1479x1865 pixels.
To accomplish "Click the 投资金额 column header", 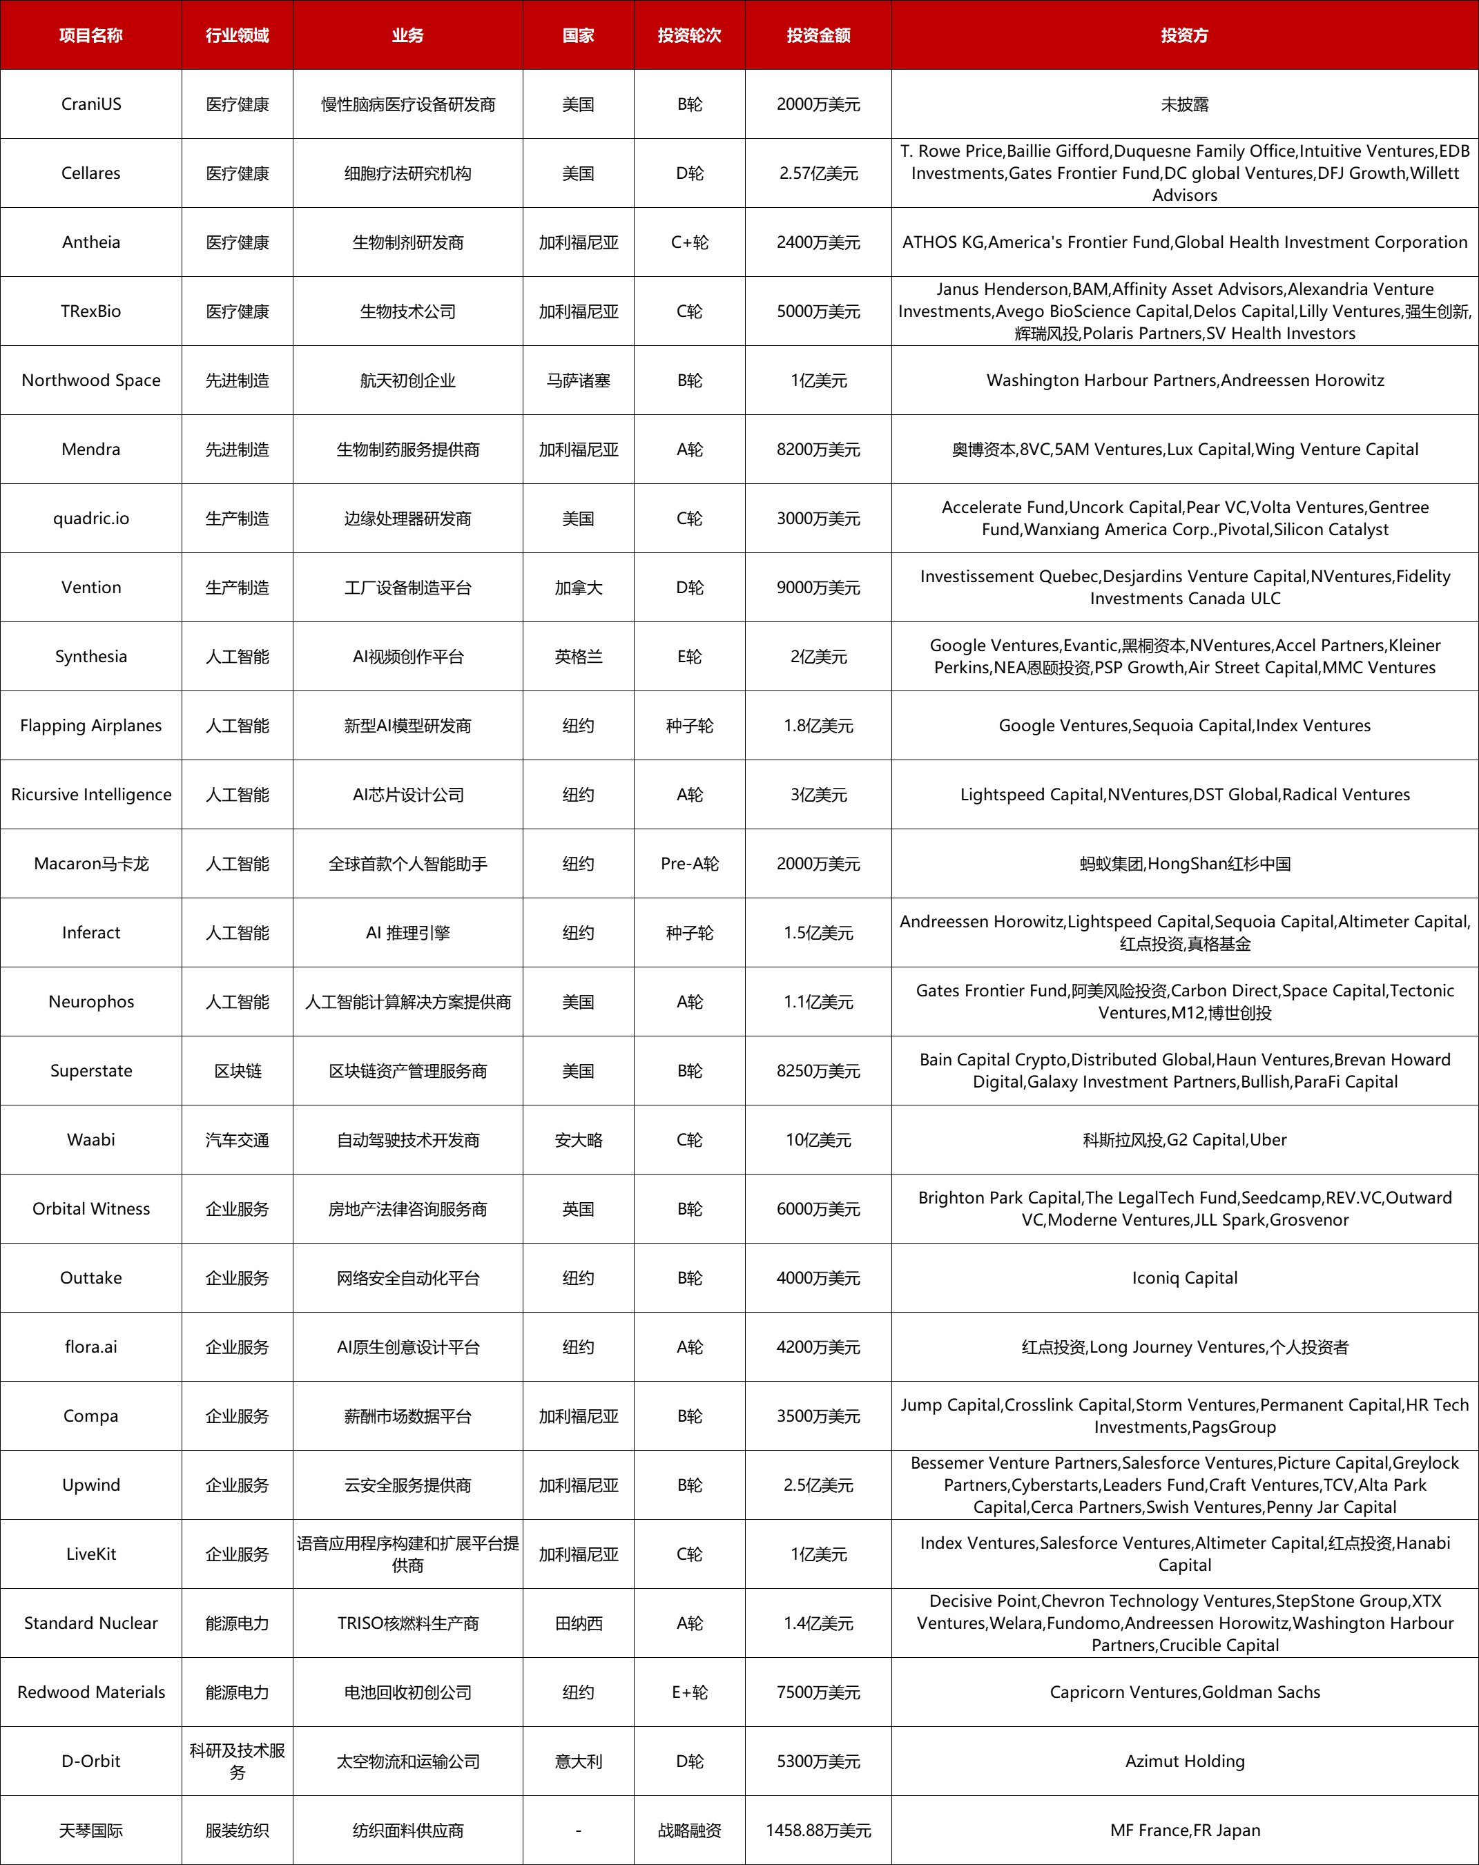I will (x=818, y=35).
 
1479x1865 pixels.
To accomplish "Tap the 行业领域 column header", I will (x=237, y=35).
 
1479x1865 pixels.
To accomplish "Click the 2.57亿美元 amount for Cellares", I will (x=818, y=173).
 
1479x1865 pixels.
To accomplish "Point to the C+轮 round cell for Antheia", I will (x=689, y=242).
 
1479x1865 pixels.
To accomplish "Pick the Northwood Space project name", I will (x=91, y=380).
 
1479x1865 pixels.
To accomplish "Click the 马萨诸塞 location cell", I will (x=578, y=380).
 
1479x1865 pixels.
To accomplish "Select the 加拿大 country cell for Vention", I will (x=578, y=588).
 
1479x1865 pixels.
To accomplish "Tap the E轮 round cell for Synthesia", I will (x=689, y=657).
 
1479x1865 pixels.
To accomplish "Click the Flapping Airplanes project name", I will (x=91, y=726).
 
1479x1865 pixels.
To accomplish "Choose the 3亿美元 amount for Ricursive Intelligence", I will (x=818, y=795).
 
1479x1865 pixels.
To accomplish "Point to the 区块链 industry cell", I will (x=237, y=1071).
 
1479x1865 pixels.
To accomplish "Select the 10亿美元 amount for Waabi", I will (x=818, y=1140).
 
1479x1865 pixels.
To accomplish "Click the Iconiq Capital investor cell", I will (x=1184, y=1277).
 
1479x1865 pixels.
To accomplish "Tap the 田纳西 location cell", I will (x=578, y=1623).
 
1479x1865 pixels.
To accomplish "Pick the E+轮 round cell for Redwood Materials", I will (x=689, y=1692).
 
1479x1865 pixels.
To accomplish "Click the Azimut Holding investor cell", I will (x=1184, y=1761).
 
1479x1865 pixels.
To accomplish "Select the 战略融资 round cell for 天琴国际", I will (x=689, y=1830).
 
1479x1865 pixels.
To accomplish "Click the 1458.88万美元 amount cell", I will (x=818, y=1830).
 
